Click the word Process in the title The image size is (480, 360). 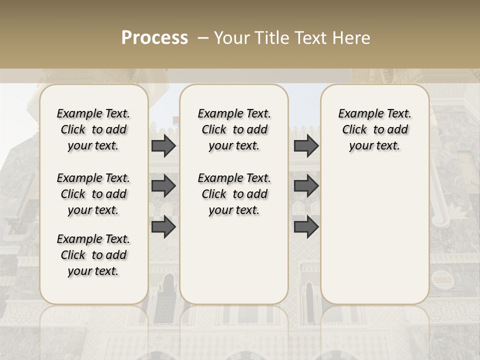[x=154, y=37]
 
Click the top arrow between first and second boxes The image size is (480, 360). [x=163, y=145]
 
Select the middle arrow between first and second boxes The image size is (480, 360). [x=163, y=186]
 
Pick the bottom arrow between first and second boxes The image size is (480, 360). [x=163, y=227]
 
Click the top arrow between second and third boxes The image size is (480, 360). [x=306, y=145]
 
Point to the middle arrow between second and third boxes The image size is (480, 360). [x=306, y=186]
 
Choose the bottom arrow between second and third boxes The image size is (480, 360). [x=306, y=227]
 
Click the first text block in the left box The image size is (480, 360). [x=93, y=129]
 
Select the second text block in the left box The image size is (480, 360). [x=93, y=194]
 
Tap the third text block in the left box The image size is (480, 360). [x=93, y=255]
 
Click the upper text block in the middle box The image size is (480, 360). [x=234, y=129]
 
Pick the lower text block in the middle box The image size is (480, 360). [x=234, y=194]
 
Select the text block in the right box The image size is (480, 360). [x=374, y=129]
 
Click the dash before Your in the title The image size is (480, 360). [x=203, y=38]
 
